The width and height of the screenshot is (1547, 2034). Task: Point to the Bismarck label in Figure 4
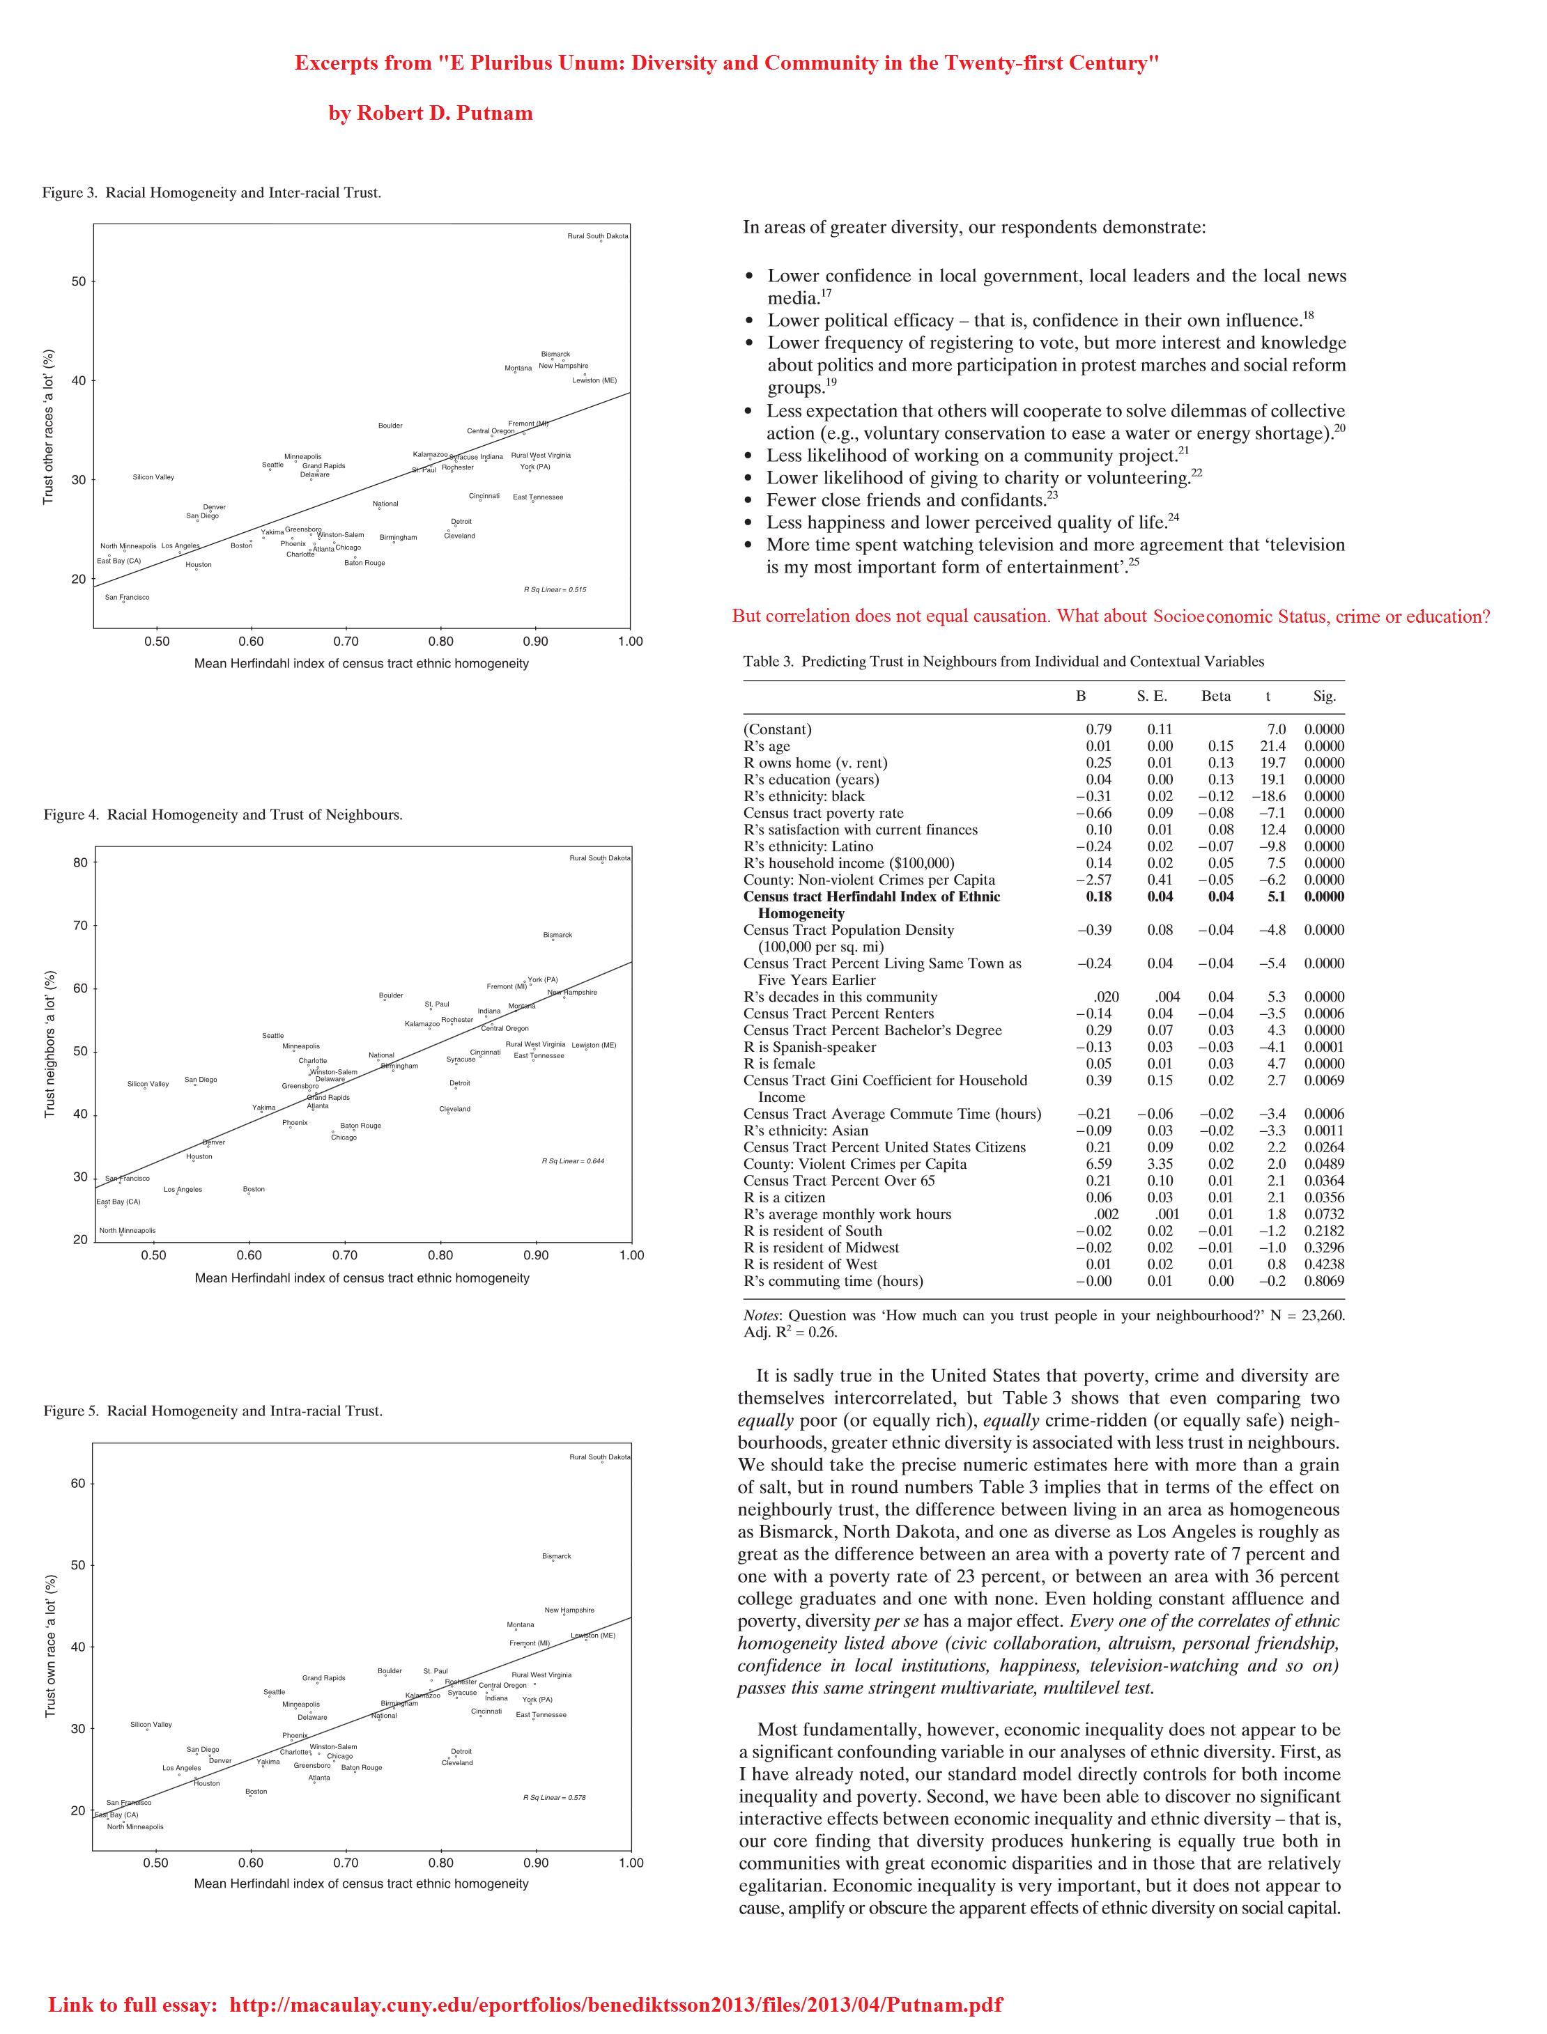tap(557, 935)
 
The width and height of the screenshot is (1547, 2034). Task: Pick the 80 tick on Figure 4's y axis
tap(80, 862)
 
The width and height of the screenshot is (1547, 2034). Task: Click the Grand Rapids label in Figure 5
tap(323, 1678)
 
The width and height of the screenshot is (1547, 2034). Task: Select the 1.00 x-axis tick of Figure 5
tap(631, 1863)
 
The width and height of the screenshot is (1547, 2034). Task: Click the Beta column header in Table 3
tap(1215, 697)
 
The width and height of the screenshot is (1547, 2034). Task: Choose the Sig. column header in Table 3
tap(1324, 697)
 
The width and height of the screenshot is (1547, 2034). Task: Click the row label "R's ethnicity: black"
tap(804, 796)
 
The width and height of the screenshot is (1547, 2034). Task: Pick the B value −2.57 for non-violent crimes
tap(1093, 880)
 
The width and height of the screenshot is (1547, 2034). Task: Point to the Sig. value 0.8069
tap(1323, 1281)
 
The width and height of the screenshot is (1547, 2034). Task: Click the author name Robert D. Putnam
tap(430, 114)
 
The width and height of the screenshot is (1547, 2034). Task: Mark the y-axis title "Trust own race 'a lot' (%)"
tap(52, 1647)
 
